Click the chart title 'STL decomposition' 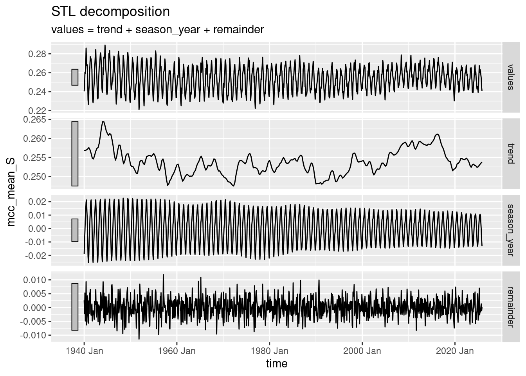[111, 12]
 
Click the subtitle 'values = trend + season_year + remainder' [157, 29]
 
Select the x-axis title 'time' [277, 363]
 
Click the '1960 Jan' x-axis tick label [177, 351]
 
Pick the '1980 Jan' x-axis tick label [269, 351]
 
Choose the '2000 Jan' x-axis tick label [362, 351]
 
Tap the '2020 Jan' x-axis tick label [455, 351]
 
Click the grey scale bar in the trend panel [75, 154]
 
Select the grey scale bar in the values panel [75, 77]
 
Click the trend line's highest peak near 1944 [103, 121]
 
